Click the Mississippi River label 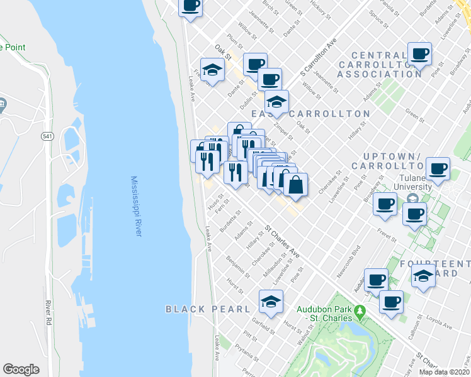pos(135,206)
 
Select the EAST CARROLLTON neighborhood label pos(310,114)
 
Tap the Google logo pos(21,369)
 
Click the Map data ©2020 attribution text pos(443,372)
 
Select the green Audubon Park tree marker pos(359,311)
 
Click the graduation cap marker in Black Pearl pos(271,302)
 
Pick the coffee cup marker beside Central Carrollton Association pos(419,54)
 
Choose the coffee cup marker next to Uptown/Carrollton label pos(438,168)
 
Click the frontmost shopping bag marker pos(295,185)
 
